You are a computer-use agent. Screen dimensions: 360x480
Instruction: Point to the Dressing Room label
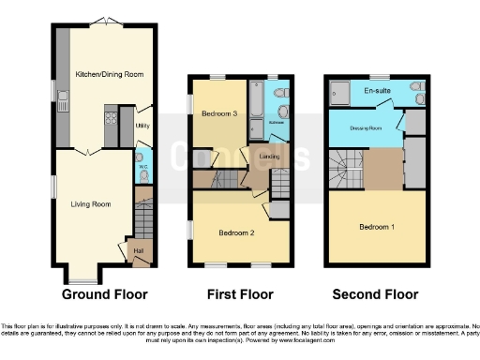364,128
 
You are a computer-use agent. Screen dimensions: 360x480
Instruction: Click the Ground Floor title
104,294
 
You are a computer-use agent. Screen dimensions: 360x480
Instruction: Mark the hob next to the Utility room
110,120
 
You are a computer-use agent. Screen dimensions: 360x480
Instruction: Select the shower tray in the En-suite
343,91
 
